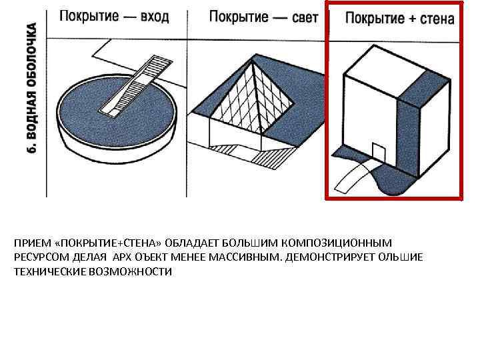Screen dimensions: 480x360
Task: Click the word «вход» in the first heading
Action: click(x=155, y=16)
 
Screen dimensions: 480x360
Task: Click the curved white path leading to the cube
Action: click(x=353, y=177)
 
